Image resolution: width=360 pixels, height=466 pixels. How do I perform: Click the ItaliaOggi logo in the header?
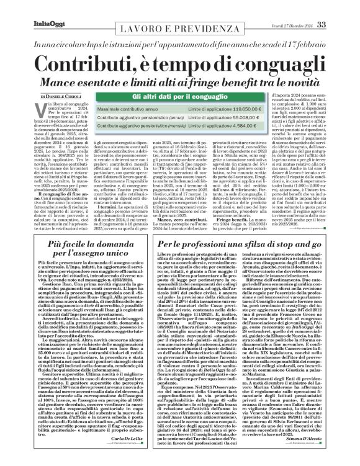(30, 7)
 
